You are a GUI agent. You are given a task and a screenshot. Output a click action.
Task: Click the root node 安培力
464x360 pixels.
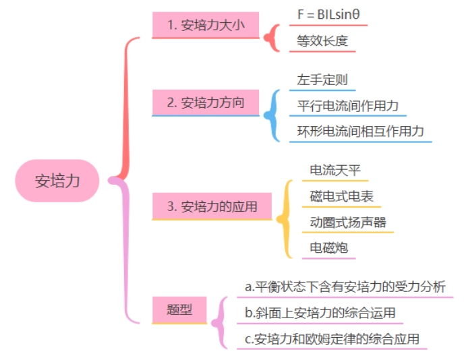point(57,181)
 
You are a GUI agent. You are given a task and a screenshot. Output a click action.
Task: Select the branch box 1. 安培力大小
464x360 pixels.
point(205,26)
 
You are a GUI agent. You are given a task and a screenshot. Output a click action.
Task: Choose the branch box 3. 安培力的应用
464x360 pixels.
point(212,206)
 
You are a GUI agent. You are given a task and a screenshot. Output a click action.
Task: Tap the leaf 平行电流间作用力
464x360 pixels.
point(348,106)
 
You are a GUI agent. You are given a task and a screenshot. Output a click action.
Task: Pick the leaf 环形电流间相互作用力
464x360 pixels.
point(360,131)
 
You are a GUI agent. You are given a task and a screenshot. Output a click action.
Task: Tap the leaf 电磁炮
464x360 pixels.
point(328,247)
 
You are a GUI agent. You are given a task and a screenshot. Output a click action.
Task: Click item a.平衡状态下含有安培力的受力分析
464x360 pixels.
point(345,287)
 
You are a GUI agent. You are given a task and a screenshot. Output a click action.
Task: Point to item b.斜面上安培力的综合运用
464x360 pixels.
point(320,313)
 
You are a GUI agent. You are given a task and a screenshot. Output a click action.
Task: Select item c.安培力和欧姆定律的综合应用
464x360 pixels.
point(332,338)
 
